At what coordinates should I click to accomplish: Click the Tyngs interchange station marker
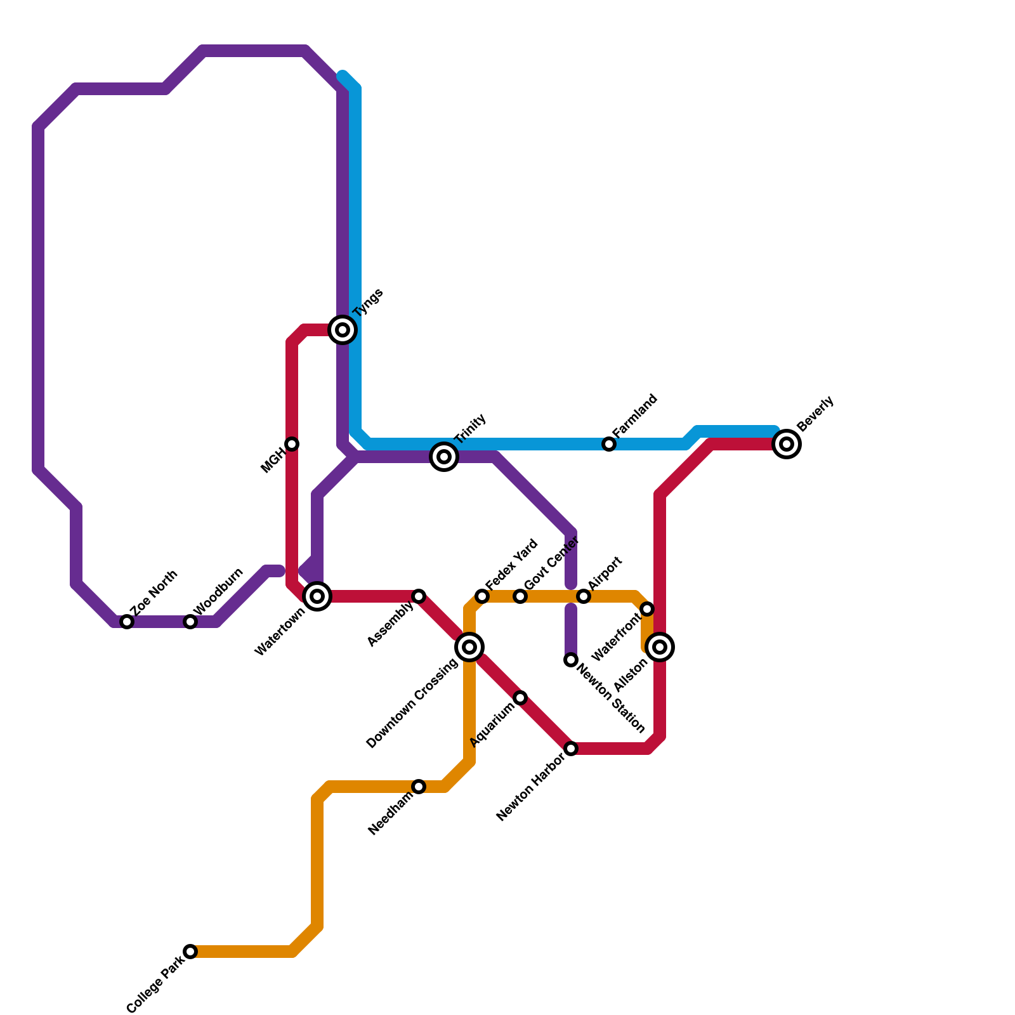pos(343,330)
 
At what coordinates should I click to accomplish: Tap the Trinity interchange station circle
pos(444,457)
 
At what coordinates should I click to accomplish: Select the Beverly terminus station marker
pos(787,444)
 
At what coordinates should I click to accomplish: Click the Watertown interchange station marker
pos(317,596)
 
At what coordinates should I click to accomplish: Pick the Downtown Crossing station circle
pos(469,647)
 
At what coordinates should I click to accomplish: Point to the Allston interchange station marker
pos(660,647)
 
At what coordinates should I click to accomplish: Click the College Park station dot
pos(190,952)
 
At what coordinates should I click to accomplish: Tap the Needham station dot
pos(419,787)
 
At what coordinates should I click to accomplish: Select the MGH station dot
pos(292,444)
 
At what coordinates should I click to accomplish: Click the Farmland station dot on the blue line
pos(609,444)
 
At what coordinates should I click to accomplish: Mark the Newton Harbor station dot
pos(571,749)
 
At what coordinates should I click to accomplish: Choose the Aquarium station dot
pos(520,698)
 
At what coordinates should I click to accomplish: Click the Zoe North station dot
pos(127,622)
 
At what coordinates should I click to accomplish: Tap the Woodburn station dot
pos(190,622)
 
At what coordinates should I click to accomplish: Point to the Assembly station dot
pos(419,596)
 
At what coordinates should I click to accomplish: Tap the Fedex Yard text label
pos(511,564)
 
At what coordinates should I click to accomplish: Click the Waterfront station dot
pos(647,609)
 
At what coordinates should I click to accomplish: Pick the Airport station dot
pos(584,596)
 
